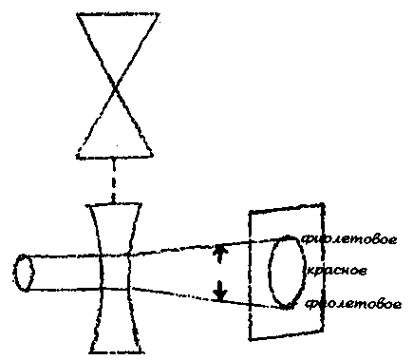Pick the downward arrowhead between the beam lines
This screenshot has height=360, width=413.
220,295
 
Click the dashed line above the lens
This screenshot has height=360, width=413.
114,180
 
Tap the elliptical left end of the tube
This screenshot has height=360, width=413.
26,273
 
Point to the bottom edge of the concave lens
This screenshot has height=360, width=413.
114,351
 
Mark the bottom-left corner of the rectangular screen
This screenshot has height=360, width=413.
251,338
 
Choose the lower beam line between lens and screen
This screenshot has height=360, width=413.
190,294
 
